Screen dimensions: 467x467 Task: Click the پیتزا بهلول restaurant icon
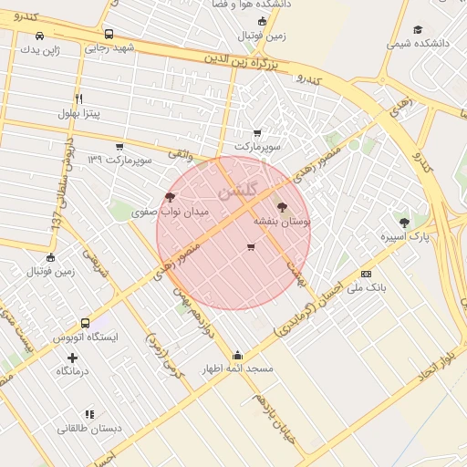click(79, 99)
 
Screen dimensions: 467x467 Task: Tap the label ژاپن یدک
click(40, 49)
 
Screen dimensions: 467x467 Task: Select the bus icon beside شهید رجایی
click(109, 35)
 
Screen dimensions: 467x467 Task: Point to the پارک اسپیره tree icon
click(404, 222)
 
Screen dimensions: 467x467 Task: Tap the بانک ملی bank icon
click(366, 274)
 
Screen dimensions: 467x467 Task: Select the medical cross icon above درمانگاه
click(73, 358)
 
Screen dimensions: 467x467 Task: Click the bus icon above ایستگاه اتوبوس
click(86, 323)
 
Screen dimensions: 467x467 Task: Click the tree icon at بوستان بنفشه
click(280, 208)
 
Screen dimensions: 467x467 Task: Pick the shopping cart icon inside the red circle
click(251, 247)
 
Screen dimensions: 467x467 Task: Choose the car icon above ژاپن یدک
click(39, 36)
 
